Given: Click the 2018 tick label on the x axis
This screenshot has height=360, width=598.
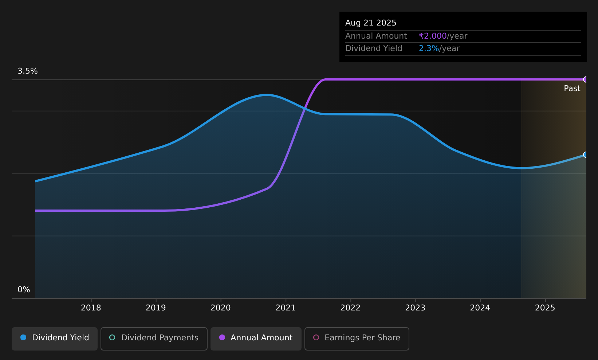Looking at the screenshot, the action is pos(91,308).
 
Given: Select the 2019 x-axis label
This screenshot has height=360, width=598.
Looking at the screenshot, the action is pos(156,308).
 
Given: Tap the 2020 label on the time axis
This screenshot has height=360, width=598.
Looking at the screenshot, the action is pos(221,308).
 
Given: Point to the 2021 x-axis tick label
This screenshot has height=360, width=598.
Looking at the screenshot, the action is pos(286,308).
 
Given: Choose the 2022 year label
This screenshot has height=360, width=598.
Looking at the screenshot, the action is pos(350,308).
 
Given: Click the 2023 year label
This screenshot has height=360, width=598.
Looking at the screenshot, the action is pos(416,308).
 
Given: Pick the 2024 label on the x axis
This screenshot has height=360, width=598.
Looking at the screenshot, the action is pos(480,308).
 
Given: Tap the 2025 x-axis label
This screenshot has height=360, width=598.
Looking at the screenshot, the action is pos(545,308).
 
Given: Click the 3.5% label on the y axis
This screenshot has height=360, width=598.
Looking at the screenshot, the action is pos(28,71).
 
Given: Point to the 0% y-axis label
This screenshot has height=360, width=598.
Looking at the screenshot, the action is pos(24,290).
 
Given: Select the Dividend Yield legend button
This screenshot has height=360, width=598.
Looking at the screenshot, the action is pos(55,339).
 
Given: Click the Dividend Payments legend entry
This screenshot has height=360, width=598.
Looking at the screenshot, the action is pos(154,339).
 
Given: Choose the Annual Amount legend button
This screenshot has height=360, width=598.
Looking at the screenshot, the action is pos(256,339).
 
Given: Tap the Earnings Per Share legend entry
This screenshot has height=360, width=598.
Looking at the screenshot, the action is pos(357,339).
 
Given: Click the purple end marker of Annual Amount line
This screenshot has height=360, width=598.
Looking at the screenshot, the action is pos(586,79).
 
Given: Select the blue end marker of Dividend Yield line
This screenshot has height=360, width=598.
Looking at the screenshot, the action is pos(586,154).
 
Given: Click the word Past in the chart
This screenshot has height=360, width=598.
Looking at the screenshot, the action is pos(572,89).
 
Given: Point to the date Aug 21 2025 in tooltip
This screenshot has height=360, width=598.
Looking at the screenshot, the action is pos(371,23).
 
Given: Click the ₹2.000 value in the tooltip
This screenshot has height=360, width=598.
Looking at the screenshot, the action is pos(433,36).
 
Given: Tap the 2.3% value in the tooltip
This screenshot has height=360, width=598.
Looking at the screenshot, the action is pos(429,48).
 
